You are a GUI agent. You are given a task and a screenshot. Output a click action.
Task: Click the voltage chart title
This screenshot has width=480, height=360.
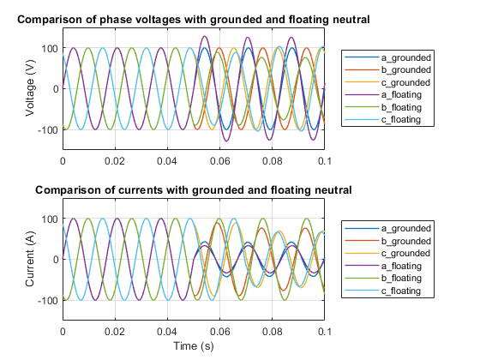pos(194,20)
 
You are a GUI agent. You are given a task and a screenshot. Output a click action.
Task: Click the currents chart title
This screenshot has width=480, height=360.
pos(194,190)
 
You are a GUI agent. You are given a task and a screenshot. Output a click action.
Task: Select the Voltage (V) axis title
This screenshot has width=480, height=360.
pos(30,88)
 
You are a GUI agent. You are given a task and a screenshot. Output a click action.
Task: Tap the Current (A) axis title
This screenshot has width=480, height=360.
pos(30,259)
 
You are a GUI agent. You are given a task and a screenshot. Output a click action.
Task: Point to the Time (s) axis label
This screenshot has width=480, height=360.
pos(194,346)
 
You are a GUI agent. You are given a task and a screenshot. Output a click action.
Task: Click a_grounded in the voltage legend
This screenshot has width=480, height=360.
pos(406,57)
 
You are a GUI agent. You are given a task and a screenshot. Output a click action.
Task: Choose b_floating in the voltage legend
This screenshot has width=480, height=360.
pos(401,107)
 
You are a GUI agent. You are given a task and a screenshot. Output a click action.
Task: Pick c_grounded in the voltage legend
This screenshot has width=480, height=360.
pos(405,82)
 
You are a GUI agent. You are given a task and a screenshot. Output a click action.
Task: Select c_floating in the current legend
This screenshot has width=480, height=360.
pos(401,291)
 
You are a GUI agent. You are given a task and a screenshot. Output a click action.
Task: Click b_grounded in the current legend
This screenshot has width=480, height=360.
pos(406,241)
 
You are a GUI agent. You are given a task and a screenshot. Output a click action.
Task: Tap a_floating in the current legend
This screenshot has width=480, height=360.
pos(401,266)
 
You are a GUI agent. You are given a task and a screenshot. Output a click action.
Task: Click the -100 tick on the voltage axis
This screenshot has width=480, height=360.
pos(48,130)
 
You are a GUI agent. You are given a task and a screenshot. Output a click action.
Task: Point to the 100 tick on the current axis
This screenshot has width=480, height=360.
pos(50,219)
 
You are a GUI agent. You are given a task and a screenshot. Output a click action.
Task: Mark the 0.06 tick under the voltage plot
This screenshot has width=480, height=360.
pos(219,161)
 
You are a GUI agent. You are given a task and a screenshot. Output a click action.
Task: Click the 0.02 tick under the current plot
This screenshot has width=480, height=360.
pos(115,332)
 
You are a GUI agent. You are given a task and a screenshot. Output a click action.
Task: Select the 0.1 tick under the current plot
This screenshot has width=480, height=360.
pos(325,332)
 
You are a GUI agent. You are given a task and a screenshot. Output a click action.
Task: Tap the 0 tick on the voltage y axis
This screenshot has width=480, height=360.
pos(56,89)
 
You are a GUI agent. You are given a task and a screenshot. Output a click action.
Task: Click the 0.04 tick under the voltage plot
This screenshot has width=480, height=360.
pos(167,161)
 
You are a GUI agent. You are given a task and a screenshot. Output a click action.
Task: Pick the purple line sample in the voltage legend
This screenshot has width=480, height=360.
pos(362,95)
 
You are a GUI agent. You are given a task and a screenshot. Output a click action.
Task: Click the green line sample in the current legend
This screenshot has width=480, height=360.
pos(362,278)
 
